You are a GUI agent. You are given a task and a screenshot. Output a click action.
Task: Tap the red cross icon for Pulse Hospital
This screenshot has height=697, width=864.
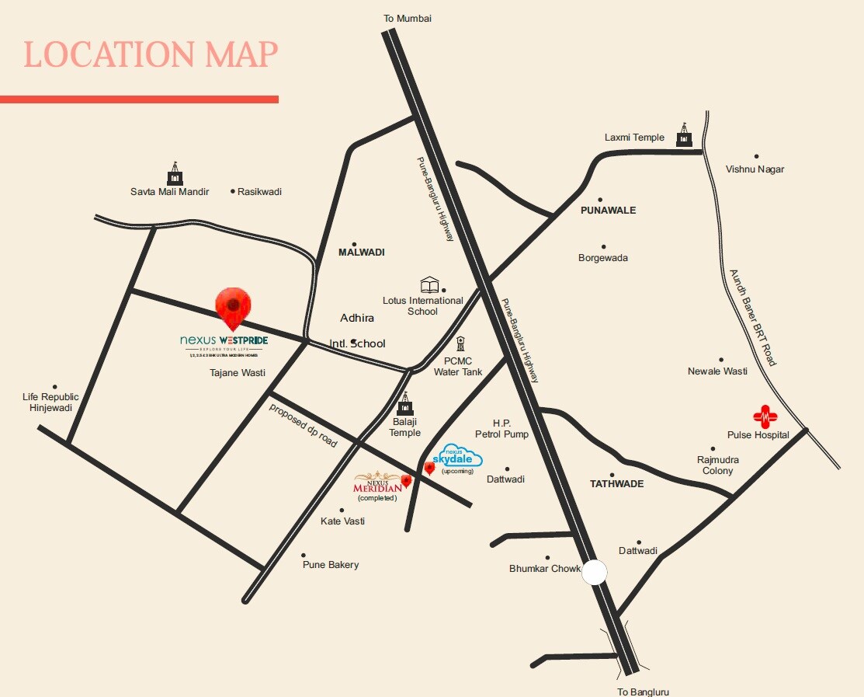(765, 417)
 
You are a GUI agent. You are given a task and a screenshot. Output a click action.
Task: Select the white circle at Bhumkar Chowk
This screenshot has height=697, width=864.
(595, 572)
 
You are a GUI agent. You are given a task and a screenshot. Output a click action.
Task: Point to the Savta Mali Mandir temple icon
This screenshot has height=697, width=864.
(175, 174)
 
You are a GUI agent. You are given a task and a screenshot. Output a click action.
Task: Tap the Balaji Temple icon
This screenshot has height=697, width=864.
(404, 406)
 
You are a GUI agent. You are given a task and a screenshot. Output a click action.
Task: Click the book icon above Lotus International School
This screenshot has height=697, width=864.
(429, 284)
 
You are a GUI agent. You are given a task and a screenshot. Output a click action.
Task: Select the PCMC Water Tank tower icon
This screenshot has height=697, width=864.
(460, 344)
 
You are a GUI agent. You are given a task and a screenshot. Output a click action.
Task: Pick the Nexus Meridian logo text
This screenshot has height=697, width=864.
(378, 483)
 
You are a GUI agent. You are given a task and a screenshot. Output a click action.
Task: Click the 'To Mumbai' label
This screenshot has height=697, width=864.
(408, 18)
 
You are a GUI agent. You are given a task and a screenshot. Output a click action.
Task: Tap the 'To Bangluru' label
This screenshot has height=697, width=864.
(643, 692)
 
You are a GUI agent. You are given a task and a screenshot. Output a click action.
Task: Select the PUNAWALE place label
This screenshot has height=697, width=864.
(608, 211)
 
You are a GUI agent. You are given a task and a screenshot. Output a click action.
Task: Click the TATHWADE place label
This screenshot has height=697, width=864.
(616, 484)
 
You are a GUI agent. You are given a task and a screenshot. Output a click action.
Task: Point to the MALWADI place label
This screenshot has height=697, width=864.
(361, 253)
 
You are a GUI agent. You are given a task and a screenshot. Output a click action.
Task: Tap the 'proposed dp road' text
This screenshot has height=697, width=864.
(304, 425)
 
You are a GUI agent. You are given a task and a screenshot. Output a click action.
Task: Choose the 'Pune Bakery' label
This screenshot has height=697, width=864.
(331, 565)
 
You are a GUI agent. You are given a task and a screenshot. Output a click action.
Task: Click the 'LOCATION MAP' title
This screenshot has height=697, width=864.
(150, 54)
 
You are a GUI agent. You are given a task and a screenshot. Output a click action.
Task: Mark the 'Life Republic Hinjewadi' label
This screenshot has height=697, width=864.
(50, 403)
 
